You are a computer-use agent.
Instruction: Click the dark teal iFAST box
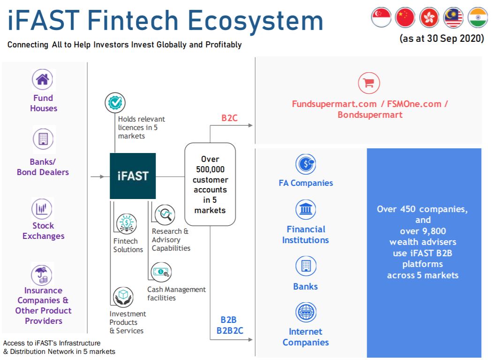point(133,176)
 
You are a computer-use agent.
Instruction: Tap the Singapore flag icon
point(381,17)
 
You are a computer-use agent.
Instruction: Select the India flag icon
point(477,17)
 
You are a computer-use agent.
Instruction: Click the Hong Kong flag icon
point(429,17)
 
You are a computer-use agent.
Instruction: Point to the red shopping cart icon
point(369,83)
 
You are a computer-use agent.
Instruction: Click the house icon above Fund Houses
point(42,79)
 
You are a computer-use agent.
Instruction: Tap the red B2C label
point(229,118)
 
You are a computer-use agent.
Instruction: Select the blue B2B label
point(228,320)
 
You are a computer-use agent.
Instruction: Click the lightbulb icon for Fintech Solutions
point(127,224)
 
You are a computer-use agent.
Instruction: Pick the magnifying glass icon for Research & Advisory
point(165,215)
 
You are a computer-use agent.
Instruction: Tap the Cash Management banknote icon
point(161,272)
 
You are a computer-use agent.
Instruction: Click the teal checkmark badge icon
point(115,102)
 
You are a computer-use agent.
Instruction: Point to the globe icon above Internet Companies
point(306,312)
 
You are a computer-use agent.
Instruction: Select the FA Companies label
point(306,183)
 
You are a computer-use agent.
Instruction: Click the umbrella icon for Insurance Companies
point(42,274)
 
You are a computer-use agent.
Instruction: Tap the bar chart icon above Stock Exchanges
point(42,208)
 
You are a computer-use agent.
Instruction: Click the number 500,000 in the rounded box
point(210,169)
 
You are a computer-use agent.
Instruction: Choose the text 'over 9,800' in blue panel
point(423,231)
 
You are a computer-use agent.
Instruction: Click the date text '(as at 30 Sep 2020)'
point(442,38)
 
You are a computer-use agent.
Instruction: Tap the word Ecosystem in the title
point(256,21)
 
